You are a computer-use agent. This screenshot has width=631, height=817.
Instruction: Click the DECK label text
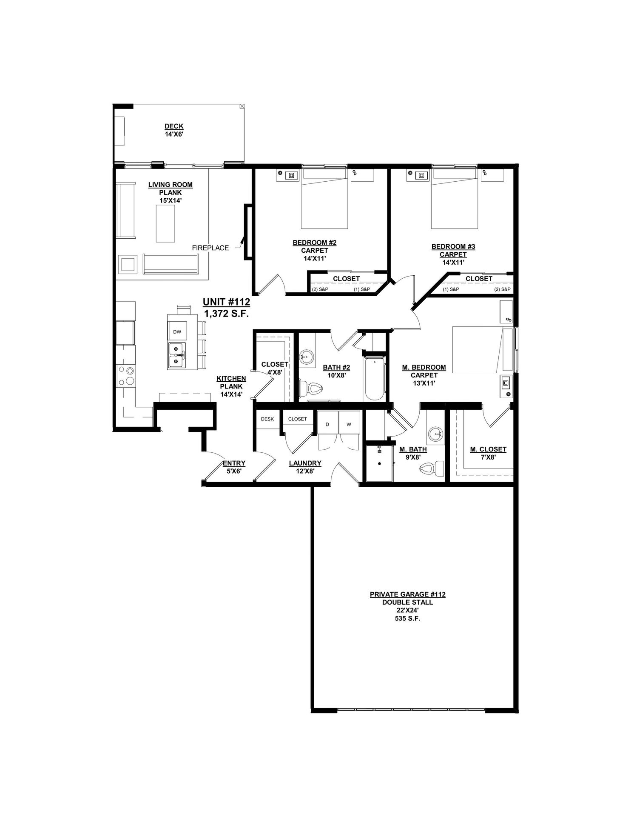click(x=174, y=126)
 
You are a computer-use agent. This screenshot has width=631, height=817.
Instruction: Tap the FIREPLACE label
click(x=210, y=248)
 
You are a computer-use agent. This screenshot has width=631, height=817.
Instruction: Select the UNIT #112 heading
click(x=226, y=302)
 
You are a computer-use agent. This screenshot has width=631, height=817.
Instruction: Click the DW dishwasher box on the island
click(x=177, y=332)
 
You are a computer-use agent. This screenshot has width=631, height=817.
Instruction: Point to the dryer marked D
click(x=327, y=424)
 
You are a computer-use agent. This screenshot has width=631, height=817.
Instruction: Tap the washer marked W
click(x=349, y=424)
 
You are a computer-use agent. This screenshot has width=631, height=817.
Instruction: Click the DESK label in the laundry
click(x=267, y=419)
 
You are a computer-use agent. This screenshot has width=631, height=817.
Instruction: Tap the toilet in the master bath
click(x=432, y=469)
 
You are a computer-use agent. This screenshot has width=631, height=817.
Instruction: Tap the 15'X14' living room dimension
click(x=171, y=200)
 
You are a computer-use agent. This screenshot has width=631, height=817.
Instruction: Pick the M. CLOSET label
click(x=488, y=449)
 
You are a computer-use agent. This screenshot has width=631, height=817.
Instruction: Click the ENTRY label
click(x=234, y=463)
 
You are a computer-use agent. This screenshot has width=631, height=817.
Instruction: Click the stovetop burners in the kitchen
click(x=126, y=376)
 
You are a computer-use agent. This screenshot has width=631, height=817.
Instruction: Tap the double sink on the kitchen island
click(x=177, y=356)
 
